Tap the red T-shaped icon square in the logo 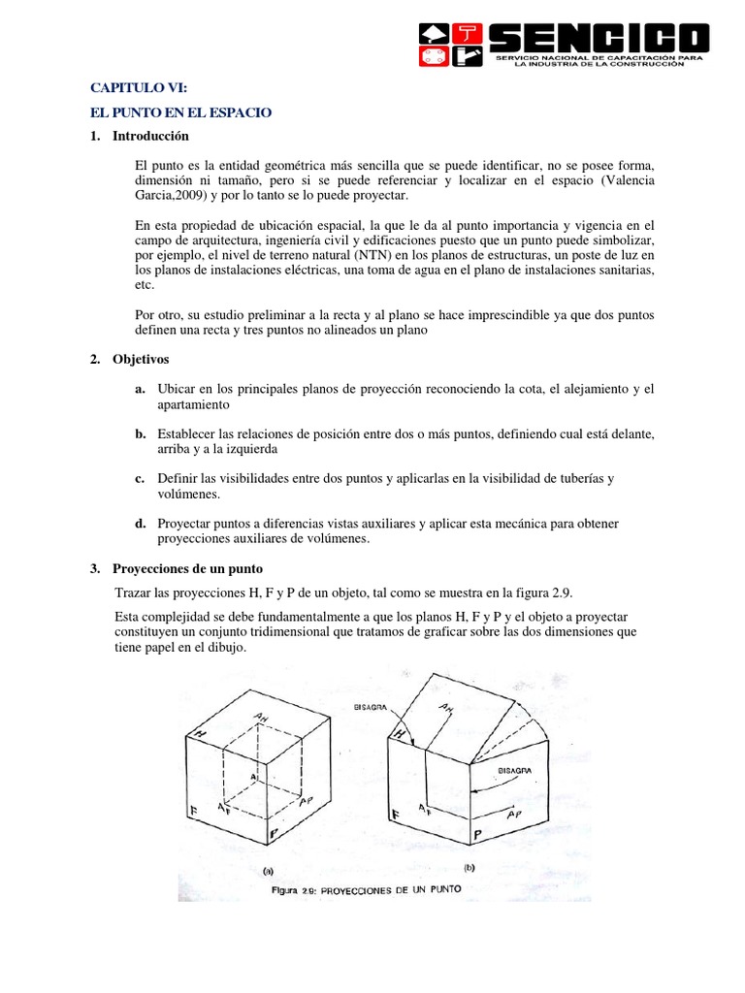pyautogui.click(x=469, y=31)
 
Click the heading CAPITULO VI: pyautogui.click(x=131, y=89)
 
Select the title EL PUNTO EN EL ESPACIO pyautogui.click(x=181, y=112)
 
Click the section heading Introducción pyautogui.click(x=150, y=136)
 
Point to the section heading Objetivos pyautogui.click(x=141, y=360)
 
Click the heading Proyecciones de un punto pyautogui.click(x=187, y=568)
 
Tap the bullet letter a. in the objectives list pyautogui.click(x=141, y=389)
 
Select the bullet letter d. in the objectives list pyautogui.click(x=141, y=524)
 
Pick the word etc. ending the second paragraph pyautogui.click(x=146, y=286)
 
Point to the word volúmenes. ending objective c pyautogui.click(x=189, y=495)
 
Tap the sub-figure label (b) pyautogui.click(x=469, y=869)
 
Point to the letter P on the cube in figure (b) pyautogui.click(x=477, y=834)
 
